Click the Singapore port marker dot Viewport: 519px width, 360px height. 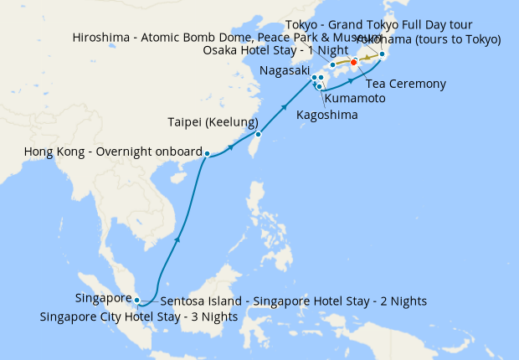coord(137,299)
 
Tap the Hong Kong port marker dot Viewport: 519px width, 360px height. coord(207,153)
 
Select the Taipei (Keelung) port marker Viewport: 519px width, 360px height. coord(259,134)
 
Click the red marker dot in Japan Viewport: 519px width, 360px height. coord(353,63)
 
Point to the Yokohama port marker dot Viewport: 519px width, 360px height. coord(382,54)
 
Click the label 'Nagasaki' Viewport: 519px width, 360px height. coord(280,72)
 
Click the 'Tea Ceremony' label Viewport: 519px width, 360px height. coord(406,84)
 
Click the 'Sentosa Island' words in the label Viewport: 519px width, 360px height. coord(197,301)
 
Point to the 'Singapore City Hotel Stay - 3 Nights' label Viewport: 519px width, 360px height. coord(139,316)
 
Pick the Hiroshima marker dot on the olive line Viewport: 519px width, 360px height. coord(332,64)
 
